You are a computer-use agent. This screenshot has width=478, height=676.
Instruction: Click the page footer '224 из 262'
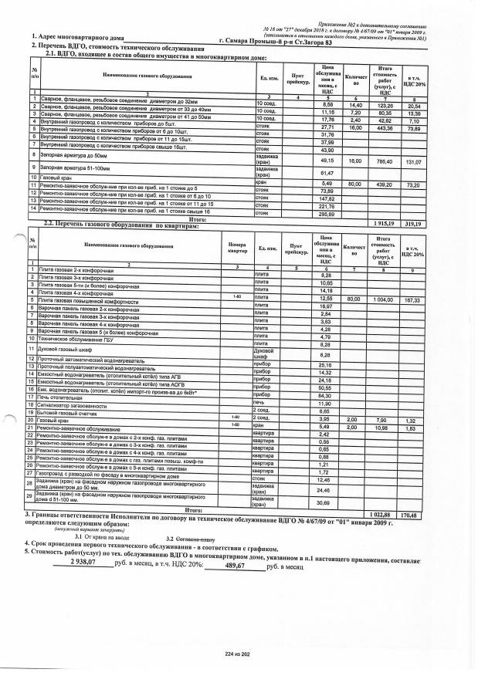(x=239, y=655)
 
